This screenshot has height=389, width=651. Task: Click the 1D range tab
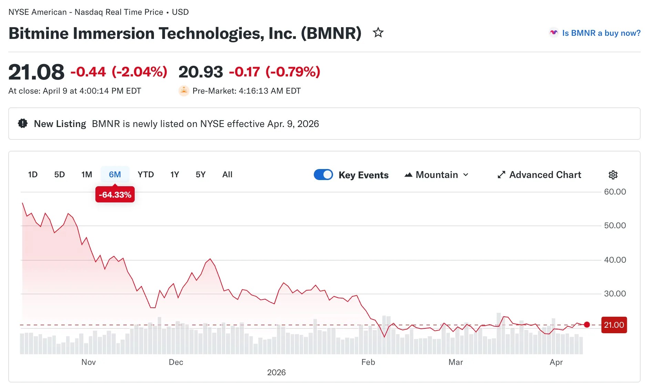click(x=33, y=175)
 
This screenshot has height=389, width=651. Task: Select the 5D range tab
click(x=59, y=175)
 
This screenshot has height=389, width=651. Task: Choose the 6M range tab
click(x=115, y=175)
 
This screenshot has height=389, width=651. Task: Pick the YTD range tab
click(x=146, y=175)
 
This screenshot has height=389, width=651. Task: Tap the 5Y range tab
click(x=200, y=175)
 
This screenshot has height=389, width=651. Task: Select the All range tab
click(x=227, y=175)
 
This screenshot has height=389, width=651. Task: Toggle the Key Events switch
click(x=323, y=175)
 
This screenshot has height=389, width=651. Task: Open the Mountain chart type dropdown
click(x=436, y=175)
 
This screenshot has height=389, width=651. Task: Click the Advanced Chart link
click(x=539, y=175)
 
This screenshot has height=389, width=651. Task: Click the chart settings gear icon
click(x=613, y=175)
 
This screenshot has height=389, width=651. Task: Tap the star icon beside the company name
click(x=378, y=33)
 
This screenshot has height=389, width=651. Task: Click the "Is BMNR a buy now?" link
click(x=601, y=33)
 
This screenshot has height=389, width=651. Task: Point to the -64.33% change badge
click(x=115, y=195)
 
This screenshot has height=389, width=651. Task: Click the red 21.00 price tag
click(x=614, y=325)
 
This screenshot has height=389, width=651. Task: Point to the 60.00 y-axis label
click(x=615, y=192)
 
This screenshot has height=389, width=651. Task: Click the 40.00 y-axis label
click(x=615, y=260)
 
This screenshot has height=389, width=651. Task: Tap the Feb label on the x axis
click(x=368, y=362)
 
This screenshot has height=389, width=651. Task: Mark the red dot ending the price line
click(x=587, y=325)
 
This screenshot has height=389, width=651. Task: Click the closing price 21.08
click(x=37, y=72)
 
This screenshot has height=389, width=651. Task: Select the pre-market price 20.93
click(x=201, y=72)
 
